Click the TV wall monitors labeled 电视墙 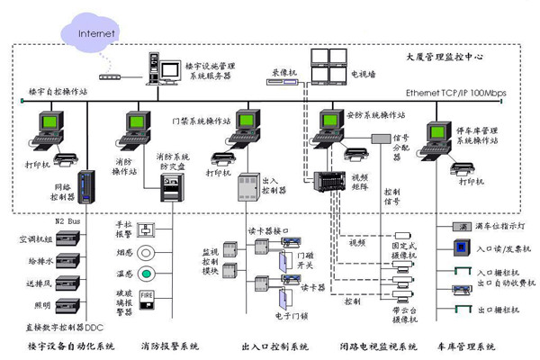[x=327, y=66]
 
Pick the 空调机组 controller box [x=67, y=239]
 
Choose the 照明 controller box [x=67, y=305]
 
